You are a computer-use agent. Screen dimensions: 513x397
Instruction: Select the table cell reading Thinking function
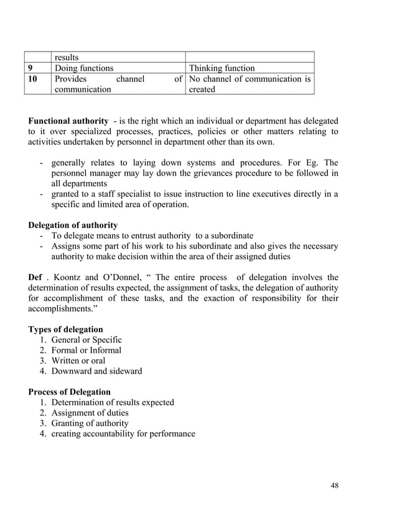[222, 68]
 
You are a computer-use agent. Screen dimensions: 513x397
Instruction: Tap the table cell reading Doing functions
[85, 68]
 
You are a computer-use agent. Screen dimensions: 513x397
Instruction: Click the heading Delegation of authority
[73, 225]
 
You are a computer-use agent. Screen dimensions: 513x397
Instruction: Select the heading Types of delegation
[66, 329]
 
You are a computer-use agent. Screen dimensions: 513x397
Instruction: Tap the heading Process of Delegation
[70, 392]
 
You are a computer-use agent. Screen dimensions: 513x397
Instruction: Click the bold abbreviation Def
[36, 277]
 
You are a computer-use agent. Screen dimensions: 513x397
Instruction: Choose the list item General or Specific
[86, 340]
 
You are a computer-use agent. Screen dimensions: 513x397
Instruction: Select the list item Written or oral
[78, 361]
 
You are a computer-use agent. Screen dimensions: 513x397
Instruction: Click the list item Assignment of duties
[90, 413]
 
